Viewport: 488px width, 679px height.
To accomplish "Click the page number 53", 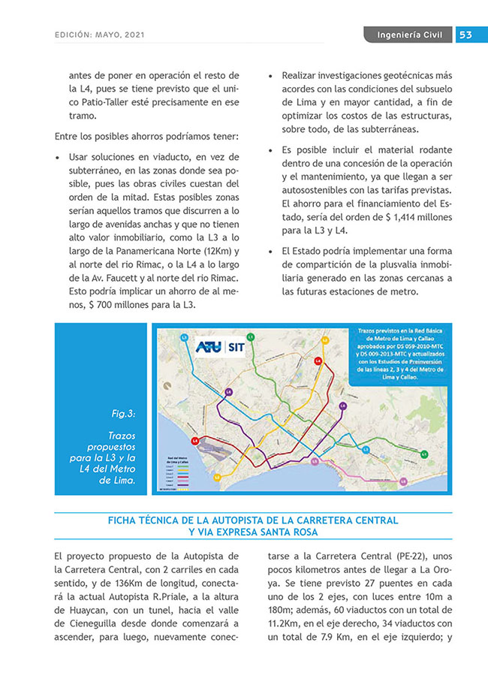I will click(465, 35).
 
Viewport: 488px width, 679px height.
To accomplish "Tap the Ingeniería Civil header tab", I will click(409, 35).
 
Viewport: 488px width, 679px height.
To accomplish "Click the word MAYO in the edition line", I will click(116, 35).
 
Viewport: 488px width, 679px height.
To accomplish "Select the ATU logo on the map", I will click(209, 347).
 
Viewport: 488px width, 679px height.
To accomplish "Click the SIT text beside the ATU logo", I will click(235, 347).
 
